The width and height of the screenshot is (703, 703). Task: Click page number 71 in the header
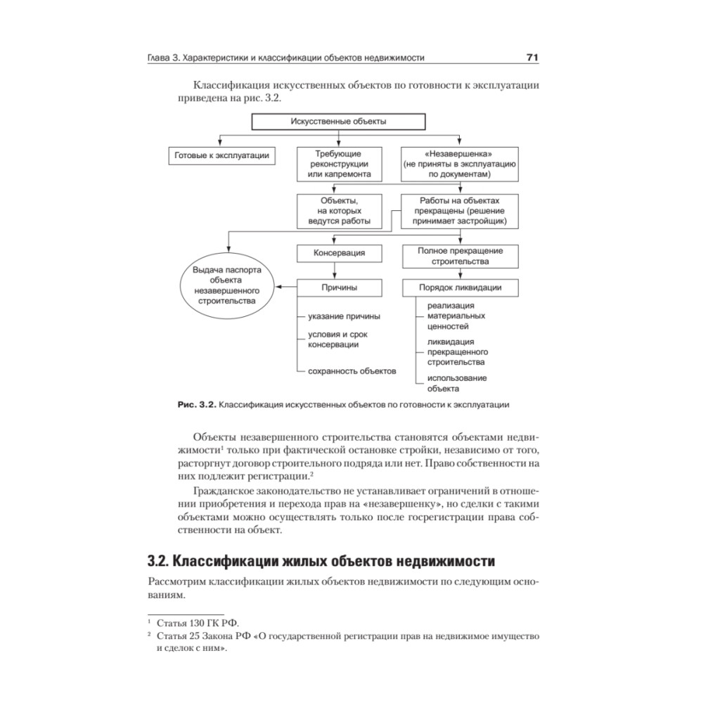532,57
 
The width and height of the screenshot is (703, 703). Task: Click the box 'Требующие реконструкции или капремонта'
340,163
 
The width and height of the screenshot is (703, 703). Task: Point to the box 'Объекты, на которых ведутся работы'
340,211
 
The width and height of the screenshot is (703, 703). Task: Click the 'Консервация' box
340,252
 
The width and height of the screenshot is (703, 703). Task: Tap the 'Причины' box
340,288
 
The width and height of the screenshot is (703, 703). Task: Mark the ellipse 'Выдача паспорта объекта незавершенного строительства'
226,285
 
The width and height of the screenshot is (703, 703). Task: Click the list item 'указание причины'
339,316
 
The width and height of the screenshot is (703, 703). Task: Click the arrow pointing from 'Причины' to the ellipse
287,287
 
